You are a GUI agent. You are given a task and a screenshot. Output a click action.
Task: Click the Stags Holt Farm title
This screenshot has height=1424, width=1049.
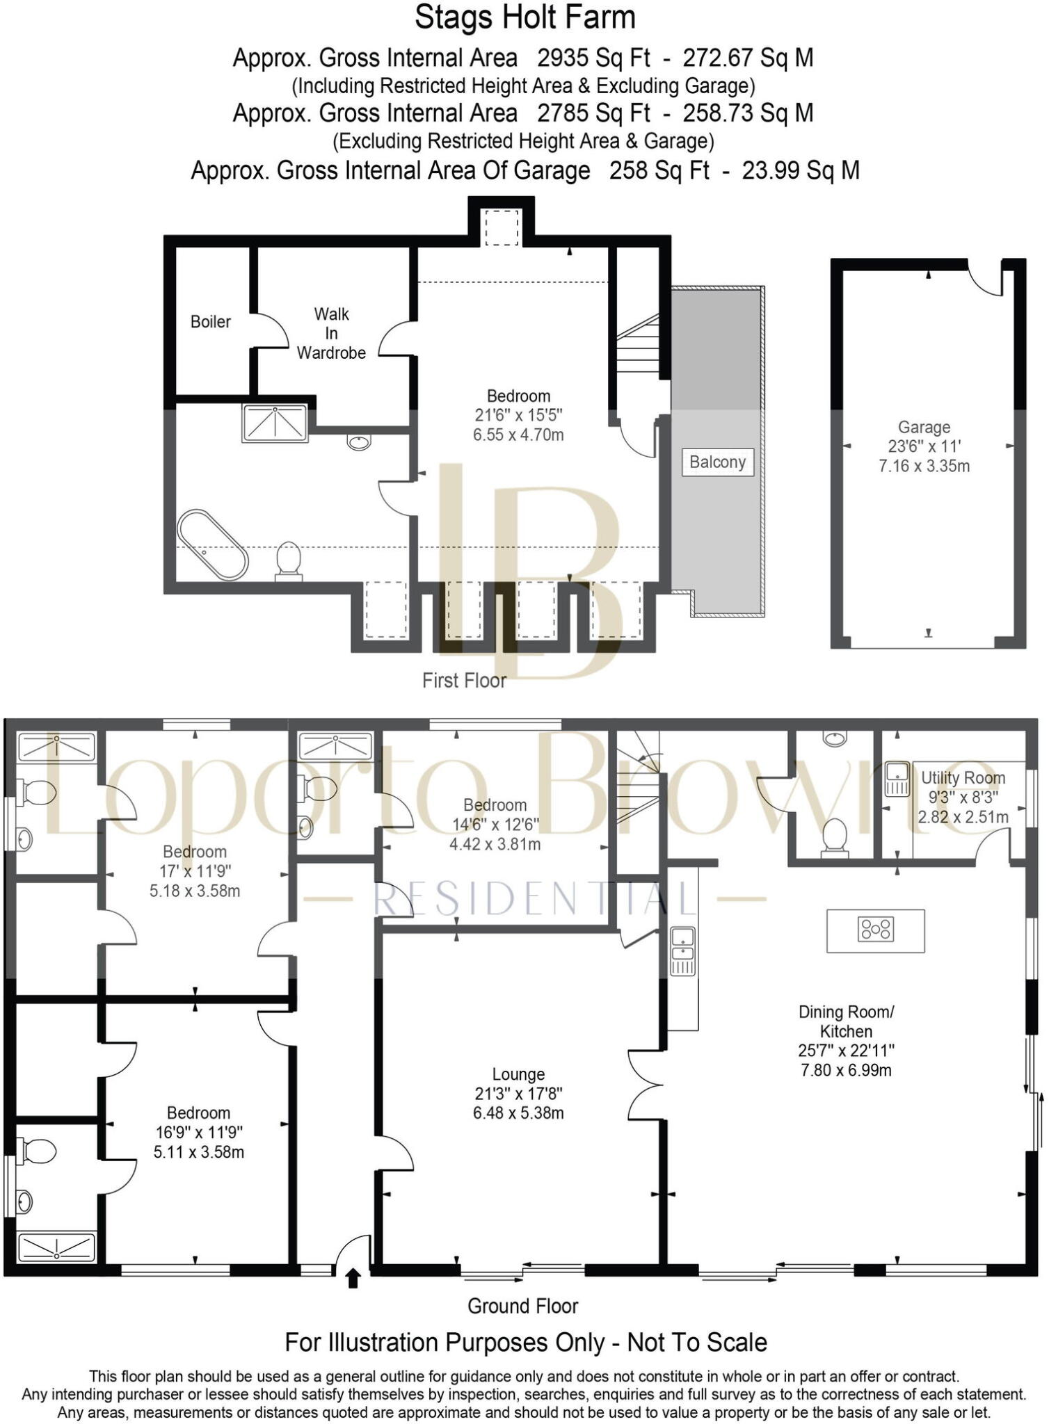(x=524, y=17)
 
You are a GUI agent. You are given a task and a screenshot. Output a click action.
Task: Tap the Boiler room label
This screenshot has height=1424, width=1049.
(x=210, y=321)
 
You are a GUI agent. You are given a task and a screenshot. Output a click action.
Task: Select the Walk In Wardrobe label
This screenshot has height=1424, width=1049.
(x=331, y=333)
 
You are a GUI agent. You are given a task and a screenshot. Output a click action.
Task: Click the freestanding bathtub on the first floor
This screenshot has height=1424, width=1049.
(x=212, y=545)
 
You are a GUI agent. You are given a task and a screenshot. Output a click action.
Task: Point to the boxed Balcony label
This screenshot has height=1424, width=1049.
(x=717, y=462)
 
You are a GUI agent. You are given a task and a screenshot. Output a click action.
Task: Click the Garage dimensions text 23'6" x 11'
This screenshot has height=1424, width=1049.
(x=924, y=446)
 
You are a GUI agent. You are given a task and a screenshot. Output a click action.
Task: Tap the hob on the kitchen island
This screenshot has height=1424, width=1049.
(x=876, y=929)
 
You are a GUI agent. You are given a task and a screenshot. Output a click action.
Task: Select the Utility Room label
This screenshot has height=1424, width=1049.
(x=963, y=778)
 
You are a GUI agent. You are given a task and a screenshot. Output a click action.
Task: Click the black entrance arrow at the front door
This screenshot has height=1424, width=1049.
(x=353, y=1279)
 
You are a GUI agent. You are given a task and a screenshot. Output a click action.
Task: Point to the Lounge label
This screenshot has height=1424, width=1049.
(x=518, y=1074)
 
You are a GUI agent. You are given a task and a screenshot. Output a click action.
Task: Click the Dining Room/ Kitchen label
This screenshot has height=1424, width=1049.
(x=846, y=1021)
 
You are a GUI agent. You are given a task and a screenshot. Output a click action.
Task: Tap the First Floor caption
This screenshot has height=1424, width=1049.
(x=464, y=680)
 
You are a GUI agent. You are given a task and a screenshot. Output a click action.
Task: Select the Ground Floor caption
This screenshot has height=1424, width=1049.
(x=522, y=1306)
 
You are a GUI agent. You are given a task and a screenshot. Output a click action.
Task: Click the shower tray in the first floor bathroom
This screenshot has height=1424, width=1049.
(x=275, y=423)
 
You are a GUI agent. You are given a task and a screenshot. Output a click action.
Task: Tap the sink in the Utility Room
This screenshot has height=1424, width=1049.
(x=897, y=778)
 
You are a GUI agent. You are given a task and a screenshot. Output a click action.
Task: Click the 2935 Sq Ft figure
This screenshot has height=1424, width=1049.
(x=593, y=58)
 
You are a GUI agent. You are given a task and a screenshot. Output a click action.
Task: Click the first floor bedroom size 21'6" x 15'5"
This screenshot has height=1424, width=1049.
(x=518, y=415)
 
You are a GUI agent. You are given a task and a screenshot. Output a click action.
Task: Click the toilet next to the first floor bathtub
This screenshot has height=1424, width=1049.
(x=288, y=560)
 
